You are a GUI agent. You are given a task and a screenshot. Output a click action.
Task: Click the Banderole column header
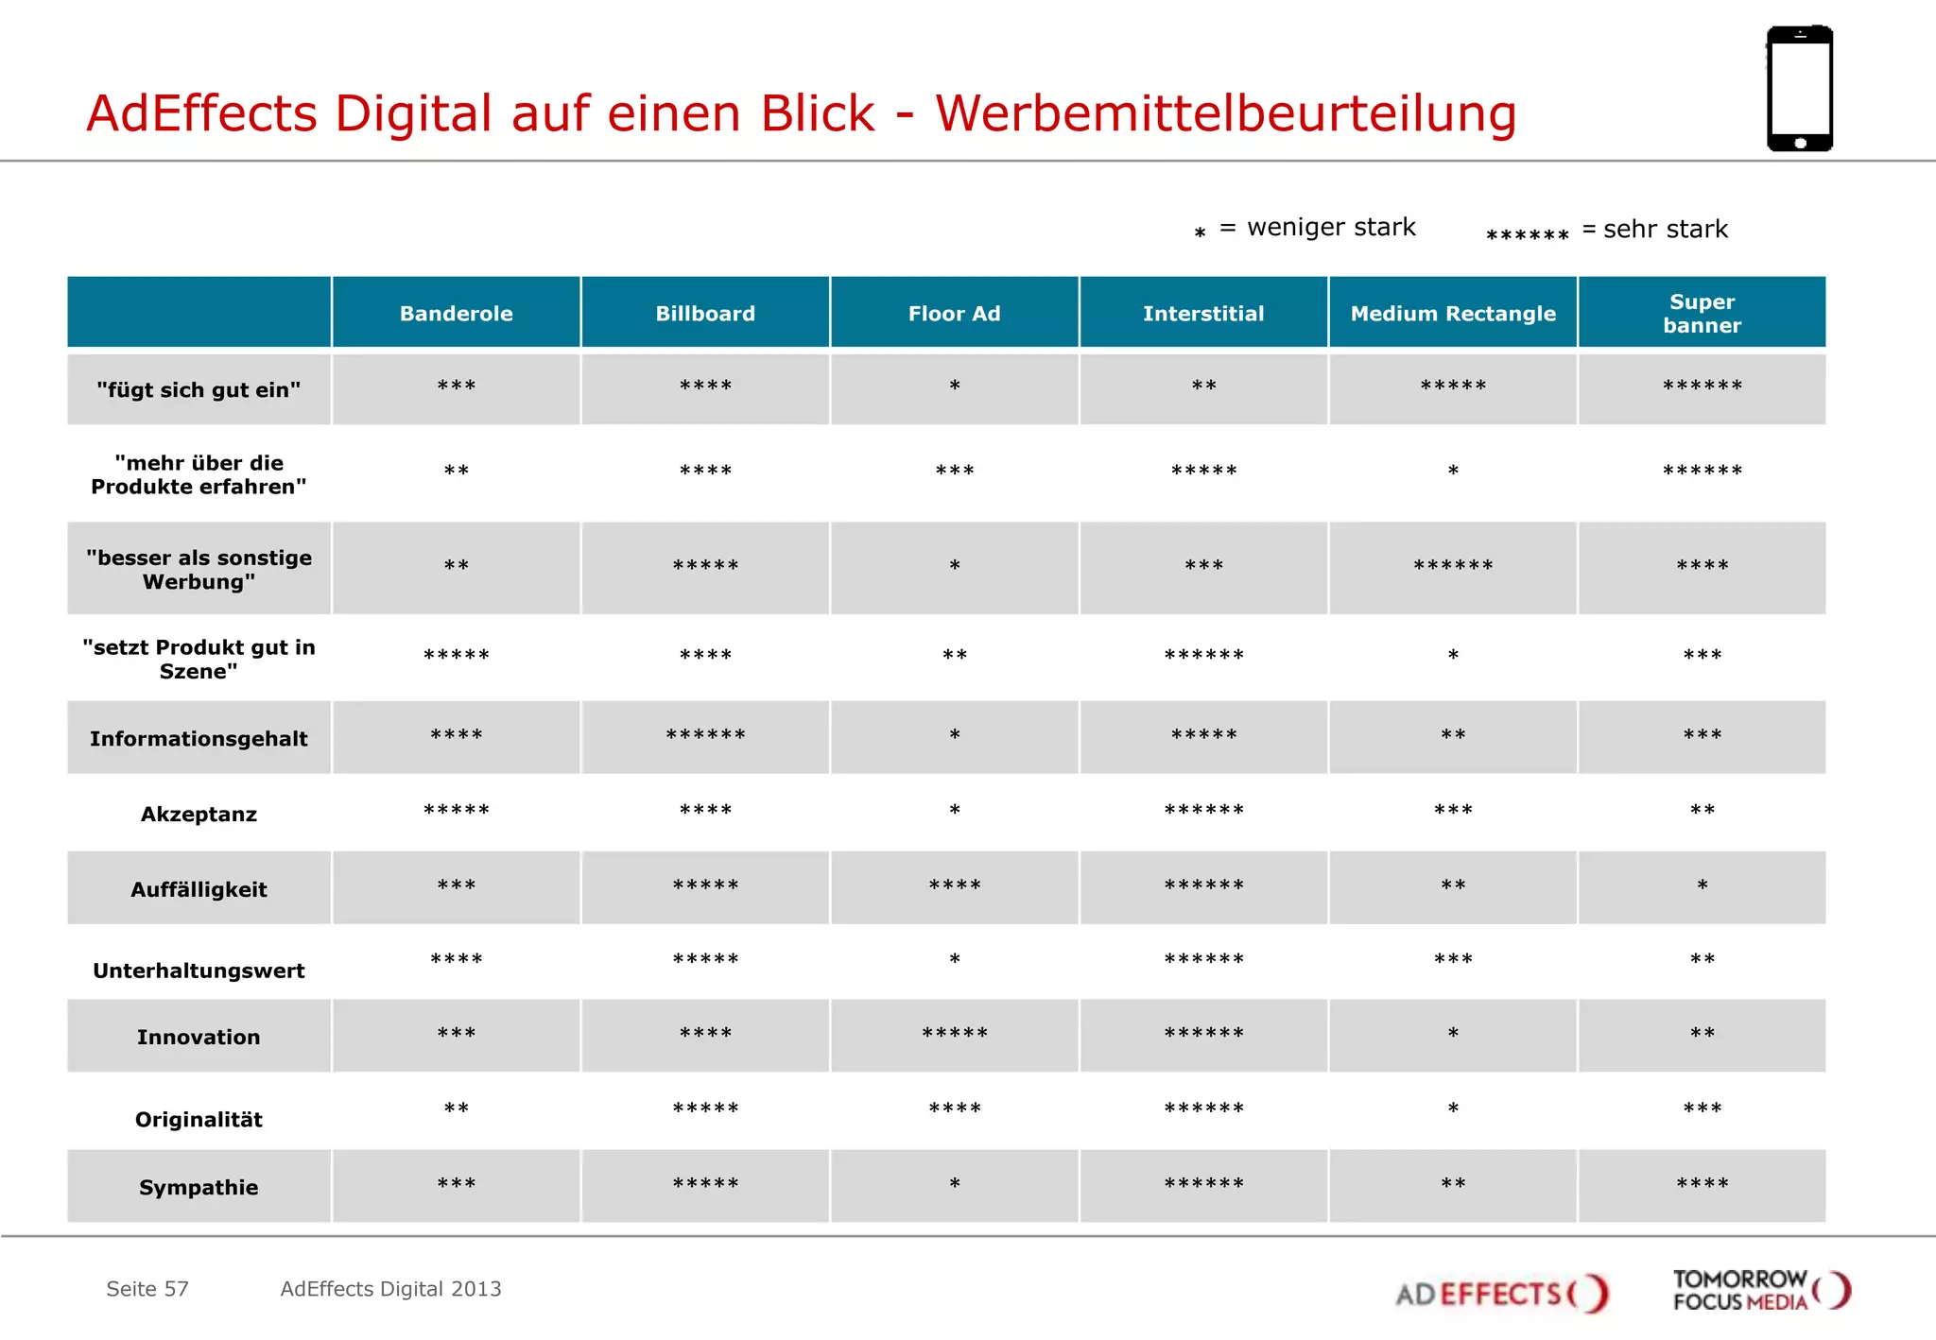456,313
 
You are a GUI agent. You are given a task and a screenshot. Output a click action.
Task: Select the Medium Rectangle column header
1452,313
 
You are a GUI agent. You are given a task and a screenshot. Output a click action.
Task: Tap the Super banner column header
1702,313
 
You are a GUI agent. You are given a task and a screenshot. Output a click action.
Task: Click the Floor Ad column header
954,313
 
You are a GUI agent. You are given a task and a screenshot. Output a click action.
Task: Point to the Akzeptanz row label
199,814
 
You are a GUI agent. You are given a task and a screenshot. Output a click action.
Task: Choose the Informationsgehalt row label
199,738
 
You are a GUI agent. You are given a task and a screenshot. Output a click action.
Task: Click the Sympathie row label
199,1187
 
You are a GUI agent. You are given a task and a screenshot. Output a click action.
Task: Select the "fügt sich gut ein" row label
199,389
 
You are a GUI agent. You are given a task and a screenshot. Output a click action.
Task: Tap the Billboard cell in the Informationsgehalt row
705,735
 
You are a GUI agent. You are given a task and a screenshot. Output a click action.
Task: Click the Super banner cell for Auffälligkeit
1702,886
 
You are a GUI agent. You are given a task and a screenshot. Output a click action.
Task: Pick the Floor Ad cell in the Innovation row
954,1034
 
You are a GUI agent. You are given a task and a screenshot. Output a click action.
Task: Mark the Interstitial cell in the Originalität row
1203,1108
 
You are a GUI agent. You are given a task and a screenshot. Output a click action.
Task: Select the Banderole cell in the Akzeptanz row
456,811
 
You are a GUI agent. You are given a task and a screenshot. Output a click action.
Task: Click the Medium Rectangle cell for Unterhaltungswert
1452,960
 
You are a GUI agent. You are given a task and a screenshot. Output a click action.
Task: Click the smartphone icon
1799,89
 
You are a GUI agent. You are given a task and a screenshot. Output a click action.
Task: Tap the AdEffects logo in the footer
1500,1293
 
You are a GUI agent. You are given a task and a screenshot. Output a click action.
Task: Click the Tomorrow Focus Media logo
1760,1291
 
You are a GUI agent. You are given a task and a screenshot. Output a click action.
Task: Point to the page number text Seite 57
147,1289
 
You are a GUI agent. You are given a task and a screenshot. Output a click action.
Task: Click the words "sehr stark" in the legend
1665,229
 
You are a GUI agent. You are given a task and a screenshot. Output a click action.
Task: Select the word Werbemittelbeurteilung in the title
1225,113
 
